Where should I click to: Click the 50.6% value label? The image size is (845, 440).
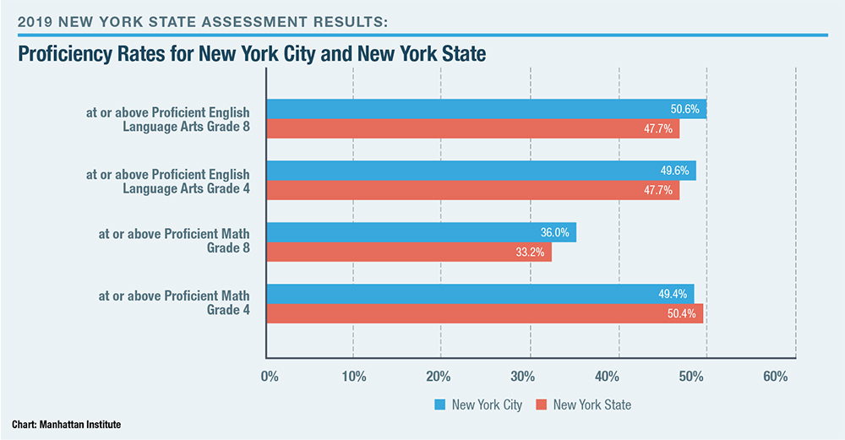[x=685, y=110]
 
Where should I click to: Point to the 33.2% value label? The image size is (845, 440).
[x=529, y=252]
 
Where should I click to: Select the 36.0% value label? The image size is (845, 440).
[x=554, y=232]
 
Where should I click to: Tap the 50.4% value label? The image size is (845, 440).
[x=681, y=313]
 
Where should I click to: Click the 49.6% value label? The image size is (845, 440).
[x=674, y=171]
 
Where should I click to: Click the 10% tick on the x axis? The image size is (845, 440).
[x=352, y=376]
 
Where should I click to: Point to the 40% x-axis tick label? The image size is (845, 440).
[x=616, y=376]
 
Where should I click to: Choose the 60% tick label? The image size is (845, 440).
[x=776, y=376]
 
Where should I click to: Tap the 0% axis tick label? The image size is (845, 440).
[x=270, y=376]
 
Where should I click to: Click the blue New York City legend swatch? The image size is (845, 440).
[x=439, y=405]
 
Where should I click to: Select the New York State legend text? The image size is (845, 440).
[x=591, y=405]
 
